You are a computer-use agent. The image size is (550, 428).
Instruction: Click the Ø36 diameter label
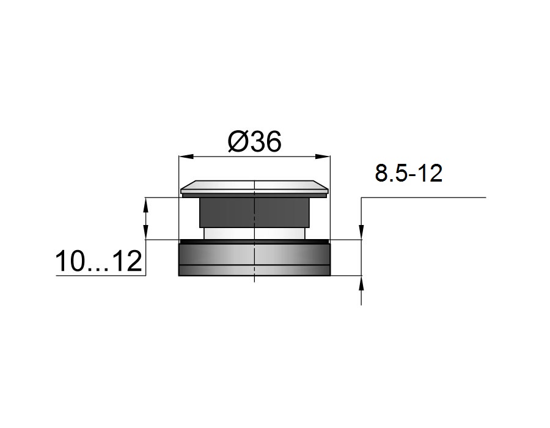pos(255,142)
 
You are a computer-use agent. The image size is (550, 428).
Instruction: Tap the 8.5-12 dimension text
pos(409,173)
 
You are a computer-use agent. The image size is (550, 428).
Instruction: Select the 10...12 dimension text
pos(98,261)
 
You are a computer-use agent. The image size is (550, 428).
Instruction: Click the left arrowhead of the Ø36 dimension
pos(186,157)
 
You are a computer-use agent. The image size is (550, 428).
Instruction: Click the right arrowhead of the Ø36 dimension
pos(323,157)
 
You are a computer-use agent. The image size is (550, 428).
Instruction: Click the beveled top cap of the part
pos(255,188)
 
